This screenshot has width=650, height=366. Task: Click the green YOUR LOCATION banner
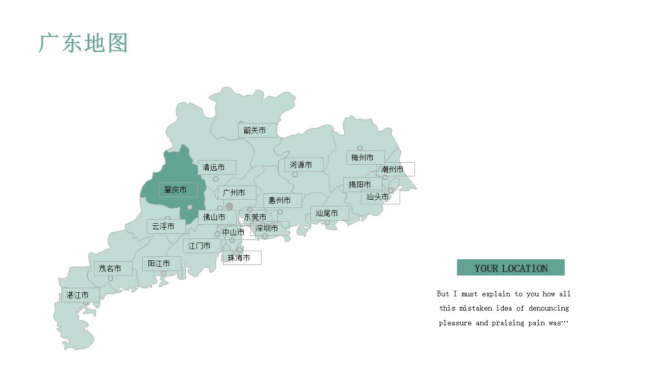tap(510, 268)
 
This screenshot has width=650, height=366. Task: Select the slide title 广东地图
tap(83, 43)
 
